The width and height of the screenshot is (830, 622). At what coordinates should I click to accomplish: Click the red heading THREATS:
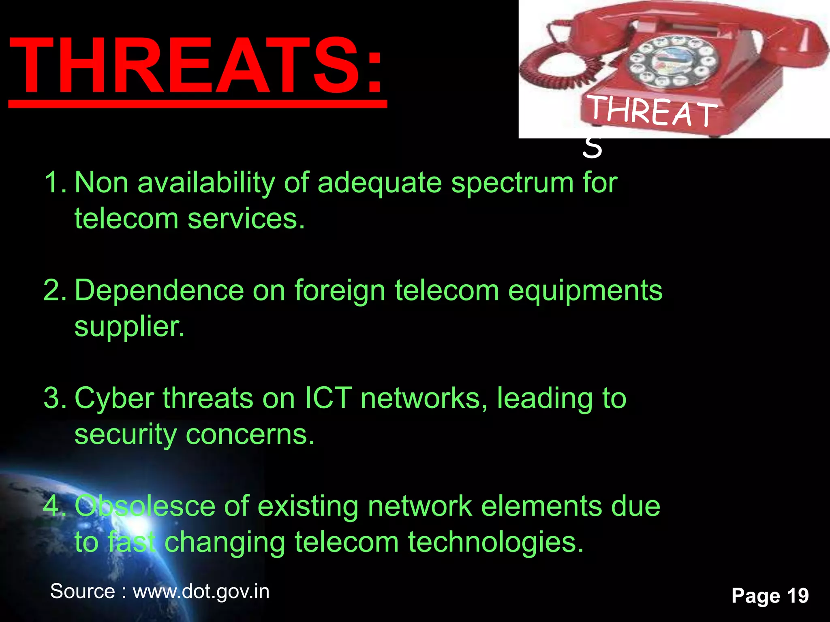point(196,66)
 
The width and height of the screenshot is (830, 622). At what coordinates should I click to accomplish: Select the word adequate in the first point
point(379,183)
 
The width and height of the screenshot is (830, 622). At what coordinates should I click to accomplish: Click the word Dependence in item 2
point(159,290)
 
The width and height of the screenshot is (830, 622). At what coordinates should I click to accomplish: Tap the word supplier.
point(129,326)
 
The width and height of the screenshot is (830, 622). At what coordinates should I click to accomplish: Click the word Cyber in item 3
point(114,398)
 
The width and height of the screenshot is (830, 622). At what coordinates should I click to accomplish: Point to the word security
point(126,435)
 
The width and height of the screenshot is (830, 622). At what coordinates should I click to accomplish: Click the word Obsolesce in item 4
point(145,506)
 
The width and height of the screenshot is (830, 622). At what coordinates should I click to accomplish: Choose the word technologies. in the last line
point(496,543)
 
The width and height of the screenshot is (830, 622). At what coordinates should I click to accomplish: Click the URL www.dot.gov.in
point(201,592)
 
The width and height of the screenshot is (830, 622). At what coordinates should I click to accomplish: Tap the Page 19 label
point(770,596)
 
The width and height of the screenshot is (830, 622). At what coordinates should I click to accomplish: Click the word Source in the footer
point(82,592)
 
